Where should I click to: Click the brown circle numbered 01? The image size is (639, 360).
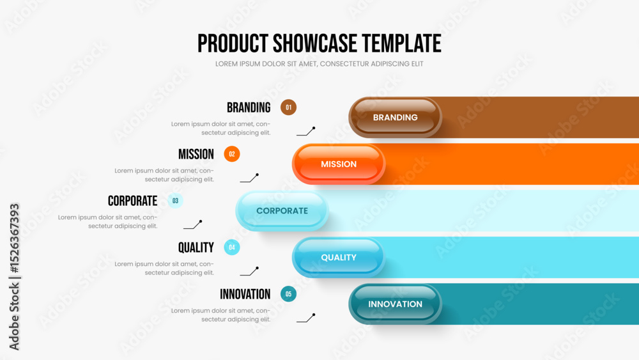[289, 107]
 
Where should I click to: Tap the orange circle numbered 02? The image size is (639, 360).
[232, 154]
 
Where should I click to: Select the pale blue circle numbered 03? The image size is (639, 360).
[175, 201]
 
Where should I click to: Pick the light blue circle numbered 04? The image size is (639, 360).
[232, 247]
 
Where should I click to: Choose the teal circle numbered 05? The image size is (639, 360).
[289, 294]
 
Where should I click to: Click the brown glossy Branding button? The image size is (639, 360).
[395, 118]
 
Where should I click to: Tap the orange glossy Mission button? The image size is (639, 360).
[339, 164]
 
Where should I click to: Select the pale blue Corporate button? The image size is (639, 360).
[282, 211]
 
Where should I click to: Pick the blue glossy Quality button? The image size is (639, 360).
[339, 257]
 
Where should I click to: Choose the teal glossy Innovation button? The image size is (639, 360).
[395, 304]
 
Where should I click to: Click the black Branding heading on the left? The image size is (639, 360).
[249, 107]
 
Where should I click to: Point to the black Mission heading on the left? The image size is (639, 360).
[196, 154]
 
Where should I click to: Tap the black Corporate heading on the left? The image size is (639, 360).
[132, 201]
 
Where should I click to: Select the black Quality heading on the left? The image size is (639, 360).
[196, 247]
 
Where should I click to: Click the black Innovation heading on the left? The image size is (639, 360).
[245, 294]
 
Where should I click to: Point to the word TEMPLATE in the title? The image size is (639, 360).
[401, 43]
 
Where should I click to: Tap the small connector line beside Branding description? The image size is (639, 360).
[306, 131]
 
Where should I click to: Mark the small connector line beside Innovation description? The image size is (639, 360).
[306, 318]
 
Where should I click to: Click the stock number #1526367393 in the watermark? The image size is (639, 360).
[14, 238]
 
